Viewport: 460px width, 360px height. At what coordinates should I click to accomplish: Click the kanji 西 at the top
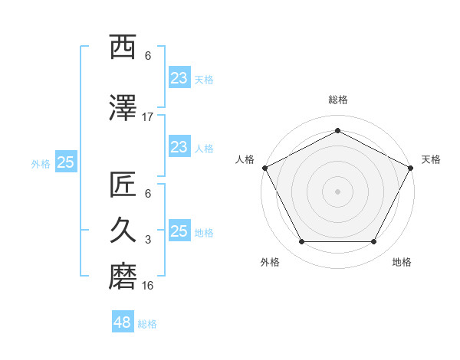point(123,47)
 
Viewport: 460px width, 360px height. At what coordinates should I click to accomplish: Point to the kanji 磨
point(123,277)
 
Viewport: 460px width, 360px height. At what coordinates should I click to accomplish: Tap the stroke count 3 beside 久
point(148,240)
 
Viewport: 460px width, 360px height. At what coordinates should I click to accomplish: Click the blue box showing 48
point(123,322)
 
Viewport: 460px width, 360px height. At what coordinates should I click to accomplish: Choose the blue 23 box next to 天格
point(179,77)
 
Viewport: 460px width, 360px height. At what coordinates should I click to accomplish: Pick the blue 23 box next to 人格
point(179,147)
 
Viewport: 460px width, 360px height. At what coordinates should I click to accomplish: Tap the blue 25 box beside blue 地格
point(179,231)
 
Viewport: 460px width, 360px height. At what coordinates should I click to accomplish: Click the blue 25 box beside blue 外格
point(65,162)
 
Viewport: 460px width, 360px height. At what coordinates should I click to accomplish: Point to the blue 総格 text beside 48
point(147,324)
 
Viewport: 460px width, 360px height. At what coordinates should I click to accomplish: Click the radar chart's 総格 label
point(337,100)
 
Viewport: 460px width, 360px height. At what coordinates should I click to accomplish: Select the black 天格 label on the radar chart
point(431,159)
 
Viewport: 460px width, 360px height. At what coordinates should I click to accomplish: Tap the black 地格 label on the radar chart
point(402,262)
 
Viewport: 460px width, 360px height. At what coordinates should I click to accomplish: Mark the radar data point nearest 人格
point(264,168)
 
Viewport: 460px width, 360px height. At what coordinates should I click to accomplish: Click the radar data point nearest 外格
point(301,242)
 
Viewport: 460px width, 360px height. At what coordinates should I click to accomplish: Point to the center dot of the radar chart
point(337,191)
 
